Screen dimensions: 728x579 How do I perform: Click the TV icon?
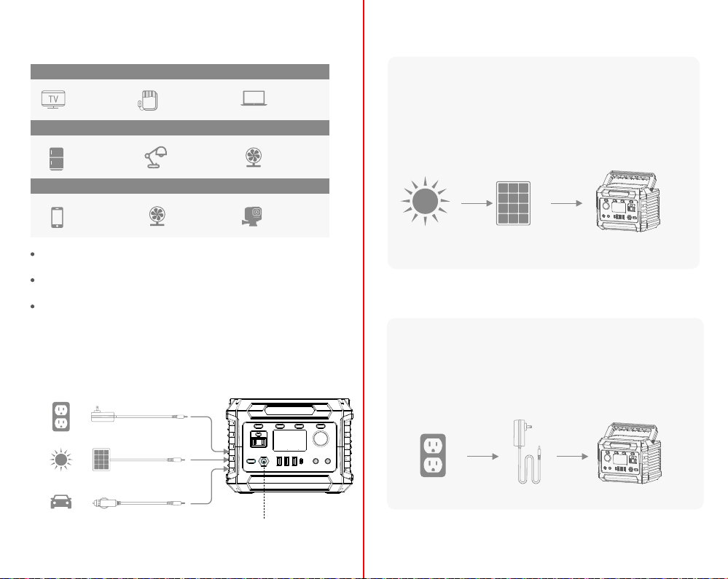[x=53, y=99]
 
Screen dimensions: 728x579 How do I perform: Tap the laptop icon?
[x=254, y=98]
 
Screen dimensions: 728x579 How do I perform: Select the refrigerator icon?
[x=56, y=159]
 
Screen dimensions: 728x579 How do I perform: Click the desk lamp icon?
[x=155, y=157]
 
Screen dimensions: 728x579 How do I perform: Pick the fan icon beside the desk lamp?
[x=254, y=157]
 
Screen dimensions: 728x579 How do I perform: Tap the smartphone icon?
[x=57, y=217]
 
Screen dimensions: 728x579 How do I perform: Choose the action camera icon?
[x=251, y=216]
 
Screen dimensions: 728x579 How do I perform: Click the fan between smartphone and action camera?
[x=157, y=216]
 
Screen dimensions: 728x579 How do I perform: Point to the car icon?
[x=60, y=502]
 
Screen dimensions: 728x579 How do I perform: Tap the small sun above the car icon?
[x=60, y=460]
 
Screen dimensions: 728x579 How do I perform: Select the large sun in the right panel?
[x=425, y=202]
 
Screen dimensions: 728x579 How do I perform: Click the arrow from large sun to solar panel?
[x=477, y=203]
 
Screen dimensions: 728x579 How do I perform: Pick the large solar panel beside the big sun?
[x=513, y=203]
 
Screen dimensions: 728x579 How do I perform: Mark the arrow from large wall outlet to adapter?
[x=483, y=457]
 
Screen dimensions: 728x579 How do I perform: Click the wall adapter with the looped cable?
[x=528, y=452]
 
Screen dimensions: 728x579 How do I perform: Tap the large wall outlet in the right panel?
[x=433, y=456]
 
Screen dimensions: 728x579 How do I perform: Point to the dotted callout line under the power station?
[x=265, y=492]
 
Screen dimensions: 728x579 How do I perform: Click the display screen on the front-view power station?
[x=289, y=441]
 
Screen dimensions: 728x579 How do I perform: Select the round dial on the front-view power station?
[x=321, y=438]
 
